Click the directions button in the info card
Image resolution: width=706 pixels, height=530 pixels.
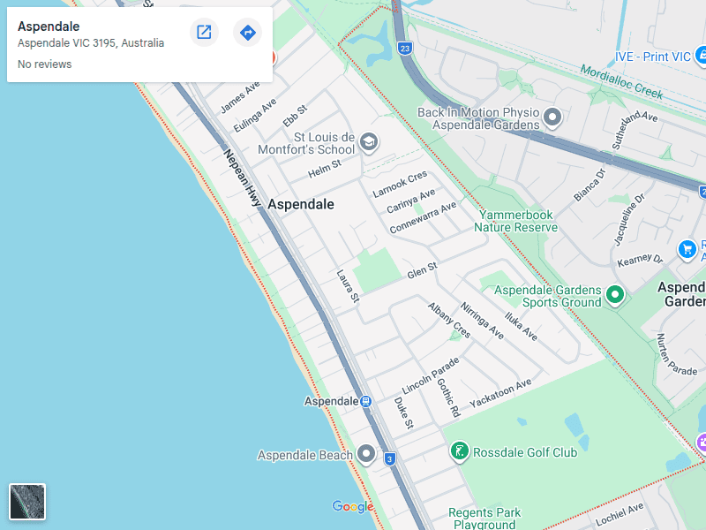(x=248, y=33)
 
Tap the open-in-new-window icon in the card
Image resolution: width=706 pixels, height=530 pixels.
(x=204, y=33)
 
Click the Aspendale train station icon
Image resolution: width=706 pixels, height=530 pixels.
(x=364, y=401)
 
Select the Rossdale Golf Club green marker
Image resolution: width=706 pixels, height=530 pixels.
(x=459, y=452)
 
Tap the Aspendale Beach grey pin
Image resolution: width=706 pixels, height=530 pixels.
(x=367, y=455)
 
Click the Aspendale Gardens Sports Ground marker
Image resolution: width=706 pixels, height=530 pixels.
(x=616, y=295)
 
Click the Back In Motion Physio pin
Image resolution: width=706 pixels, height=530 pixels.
(x=552, y=117)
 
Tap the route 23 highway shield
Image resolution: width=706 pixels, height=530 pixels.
(x=404, y=48)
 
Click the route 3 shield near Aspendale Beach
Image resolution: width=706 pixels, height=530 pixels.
(x=389, y=458)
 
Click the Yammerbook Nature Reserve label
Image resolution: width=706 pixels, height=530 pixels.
(x=515, y=221)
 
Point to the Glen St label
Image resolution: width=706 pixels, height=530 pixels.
(x=422, y=269)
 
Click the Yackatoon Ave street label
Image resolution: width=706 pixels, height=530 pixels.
(x=500, y=393)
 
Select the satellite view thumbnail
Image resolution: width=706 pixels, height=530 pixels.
(x=27, y=502)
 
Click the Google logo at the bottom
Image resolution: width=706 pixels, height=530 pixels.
(x=352, y=506)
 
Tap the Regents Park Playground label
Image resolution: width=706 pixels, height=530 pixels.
(x=484, y=519)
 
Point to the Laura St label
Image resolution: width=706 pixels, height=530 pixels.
(x=348, y=287)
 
